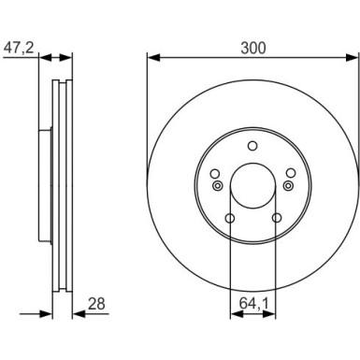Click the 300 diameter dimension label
[x=253, y=48]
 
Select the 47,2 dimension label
[x=18, y=49]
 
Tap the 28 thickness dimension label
[x=96, y=303]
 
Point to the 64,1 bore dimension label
[x=253, y=303]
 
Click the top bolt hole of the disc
[x=252, y=146]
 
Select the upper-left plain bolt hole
[x=215, y=173]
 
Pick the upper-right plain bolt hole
[x=291, y=173]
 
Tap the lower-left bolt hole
[x=230, y=218]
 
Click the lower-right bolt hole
[x=276, y=218]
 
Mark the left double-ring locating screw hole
[x=217, y=186]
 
